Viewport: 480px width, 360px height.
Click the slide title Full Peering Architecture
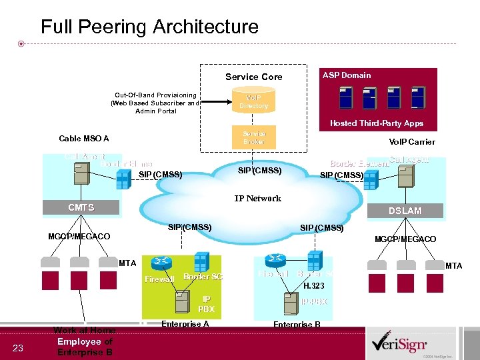149,27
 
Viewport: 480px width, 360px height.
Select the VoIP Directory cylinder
253,101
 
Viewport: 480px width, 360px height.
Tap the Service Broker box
253,137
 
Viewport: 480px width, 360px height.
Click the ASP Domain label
347,75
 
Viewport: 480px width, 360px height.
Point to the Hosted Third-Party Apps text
376,123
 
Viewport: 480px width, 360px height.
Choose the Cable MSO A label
84,139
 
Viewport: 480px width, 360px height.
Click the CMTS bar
81,208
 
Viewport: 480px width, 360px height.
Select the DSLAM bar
405,211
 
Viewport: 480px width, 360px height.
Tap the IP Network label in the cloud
257,198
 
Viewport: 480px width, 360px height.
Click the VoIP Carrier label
412,141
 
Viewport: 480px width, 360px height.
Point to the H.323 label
313,286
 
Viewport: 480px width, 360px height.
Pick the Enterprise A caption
185,324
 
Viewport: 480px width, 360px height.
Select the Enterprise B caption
297,325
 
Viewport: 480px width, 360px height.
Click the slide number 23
18,347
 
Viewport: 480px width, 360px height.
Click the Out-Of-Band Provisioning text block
155,103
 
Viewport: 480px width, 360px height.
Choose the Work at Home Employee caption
84,341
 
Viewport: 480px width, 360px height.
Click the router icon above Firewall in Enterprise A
161,262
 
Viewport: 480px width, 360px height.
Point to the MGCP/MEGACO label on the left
79,237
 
